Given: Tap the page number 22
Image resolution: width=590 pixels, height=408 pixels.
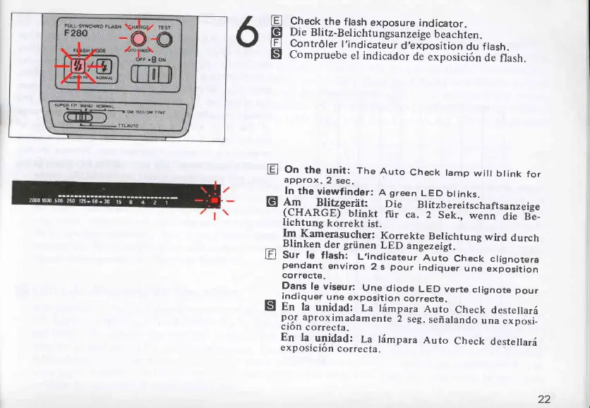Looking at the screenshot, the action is click(x=543, y=399).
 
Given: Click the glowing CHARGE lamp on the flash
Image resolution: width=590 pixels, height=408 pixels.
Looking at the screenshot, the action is click(x=139, y=40).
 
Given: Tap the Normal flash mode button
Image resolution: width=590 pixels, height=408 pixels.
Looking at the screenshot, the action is click(x=103, y=68).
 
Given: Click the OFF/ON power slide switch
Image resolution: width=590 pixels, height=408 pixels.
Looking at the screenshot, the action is click(x=149, y=72).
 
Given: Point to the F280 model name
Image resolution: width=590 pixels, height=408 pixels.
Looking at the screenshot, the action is click(x=73, y=33).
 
